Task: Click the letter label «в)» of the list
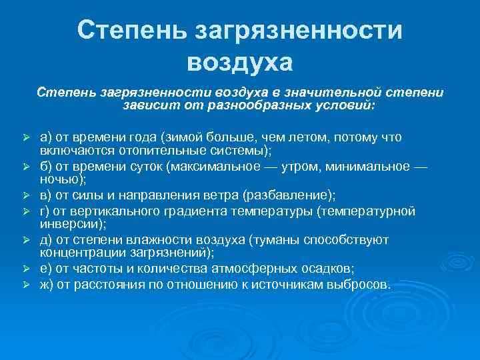click(46, 195)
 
